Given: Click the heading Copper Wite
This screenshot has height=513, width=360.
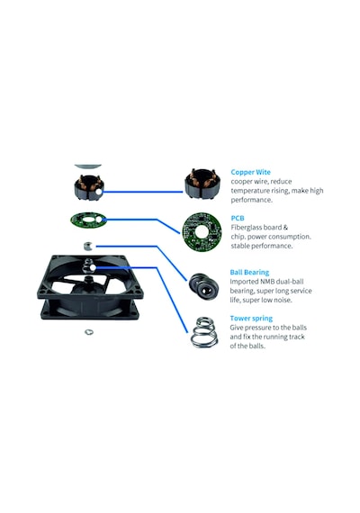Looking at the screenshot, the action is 251,172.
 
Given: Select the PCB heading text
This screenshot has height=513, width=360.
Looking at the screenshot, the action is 238,218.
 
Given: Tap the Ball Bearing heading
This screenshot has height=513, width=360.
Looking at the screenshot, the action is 249,272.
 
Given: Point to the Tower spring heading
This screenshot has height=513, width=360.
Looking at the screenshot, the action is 251,319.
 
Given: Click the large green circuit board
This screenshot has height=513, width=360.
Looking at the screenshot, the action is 202,232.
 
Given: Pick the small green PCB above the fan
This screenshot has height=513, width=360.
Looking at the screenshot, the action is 89,220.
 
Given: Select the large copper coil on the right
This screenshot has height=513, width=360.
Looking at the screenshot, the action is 202,184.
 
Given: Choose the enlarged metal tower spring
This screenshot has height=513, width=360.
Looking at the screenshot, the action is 204,332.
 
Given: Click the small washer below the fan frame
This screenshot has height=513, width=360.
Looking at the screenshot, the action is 89,332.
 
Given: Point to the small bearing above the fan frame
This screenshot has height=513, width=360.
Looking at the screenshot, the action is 87,246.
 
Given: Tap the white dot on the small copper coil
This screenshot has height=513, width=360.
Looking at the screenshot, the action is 99,192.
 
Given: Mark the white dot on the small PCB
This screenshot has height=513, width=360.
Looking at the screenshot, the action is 103,220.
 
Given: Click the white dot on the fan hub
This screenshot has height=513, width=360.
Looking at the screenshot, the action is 93,267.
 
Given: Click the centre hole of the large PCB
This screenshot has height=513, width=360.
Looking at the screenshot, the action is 202,232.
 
